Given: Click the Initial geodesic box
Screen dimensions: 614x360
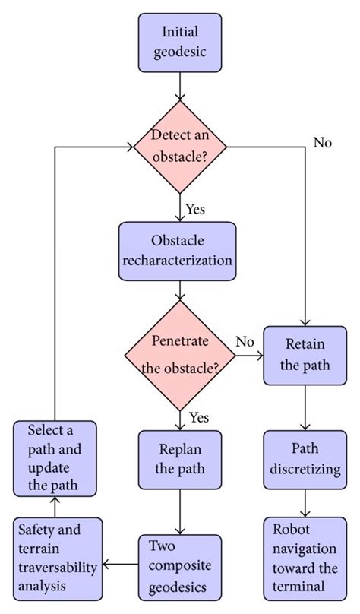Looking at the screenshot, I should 179,42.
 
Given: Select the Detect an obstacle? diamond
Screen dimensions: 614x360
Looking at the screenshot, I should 179,145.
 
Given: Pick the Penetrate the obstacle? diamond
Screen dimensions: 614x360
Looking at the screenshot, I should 179,354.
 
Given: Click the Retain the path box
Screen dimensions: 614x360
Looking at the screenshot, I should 305,354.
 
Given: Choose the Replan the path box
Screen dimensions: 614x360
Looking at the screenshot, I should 179,459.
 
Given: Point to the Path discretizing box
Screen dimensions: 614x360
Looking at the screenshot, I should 305,459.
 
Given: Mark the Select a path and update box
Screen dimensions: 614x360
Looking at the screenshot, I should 54,459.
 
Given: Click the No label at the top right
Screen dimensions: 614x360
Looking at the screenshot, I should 322,142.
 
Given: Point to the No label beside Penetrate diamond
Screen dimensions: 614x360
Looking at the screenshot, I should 245,342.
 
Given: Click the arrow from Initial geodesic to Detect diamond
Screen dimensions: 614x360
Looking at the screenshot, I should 179,84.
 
